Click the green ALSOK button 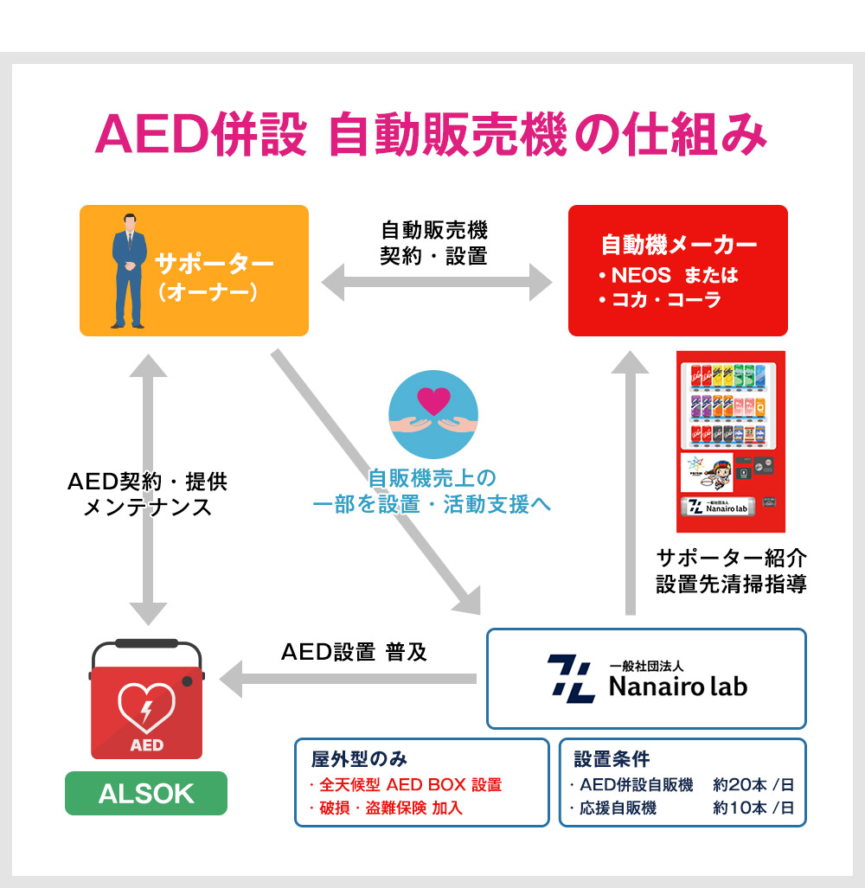coord(146,793)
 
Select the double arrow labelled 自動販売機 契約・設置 coord(437,282)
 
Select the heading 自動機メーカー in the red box coord(679,245)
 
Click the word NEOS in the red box coord(641,276)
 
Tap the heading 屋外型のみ coord(359,759)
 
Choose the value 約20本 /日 coord(753,785)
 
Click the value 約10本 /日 coord(753,808)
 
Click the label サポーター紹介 coord(731,557)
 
